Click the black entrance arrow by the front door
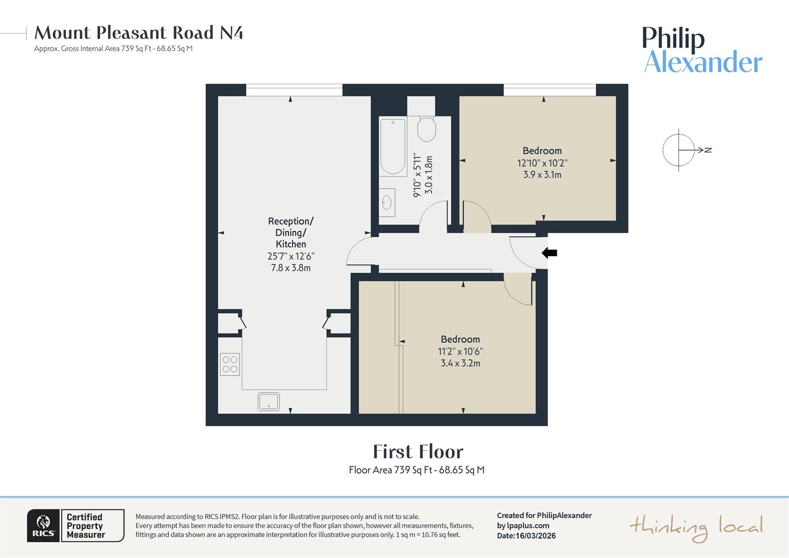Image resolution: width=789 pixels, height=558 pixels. coord(549,253)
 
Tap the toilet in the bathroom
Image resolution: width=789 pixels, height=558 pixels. coord(427,129)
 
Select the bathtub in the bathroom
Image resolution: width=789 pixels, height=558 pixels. coord(393,147)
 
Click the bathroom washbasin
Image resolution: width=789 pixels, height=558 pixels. coord(387,203)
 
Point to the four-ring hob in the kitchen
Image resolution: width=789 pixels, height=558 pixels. coord(230,364)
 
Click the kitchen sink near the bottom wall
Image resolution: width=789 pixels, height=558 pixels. coord(269,401)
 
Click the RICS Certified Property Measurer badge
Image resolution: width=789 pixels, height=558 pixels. coord(76,525)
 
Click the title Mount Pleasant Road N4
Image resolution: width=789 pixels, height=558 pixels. coord(138,33)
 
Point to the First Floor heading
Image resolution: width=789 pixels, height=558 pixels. coord(418,452)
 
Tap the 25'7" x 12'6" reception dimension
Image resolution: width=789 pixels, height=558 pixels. coord(291,256)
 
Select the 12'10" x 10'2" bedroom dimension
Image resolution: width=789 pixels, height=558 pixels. coord(542,163)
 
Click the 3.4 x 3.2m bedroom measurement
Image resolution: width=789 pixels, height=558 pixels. coord(460,363)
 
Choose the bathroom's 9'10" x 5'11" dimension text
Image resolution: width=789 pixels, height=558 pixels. coord(417,175)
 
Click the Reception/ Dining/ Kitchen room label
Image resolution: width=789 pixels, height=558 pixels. coord(291,233)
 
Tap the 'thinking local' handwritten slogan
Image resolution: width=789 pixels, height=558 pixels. coord(696,528)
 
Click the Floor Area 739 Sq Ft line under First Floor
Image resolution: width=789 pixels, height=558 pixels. coord(416,470)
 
